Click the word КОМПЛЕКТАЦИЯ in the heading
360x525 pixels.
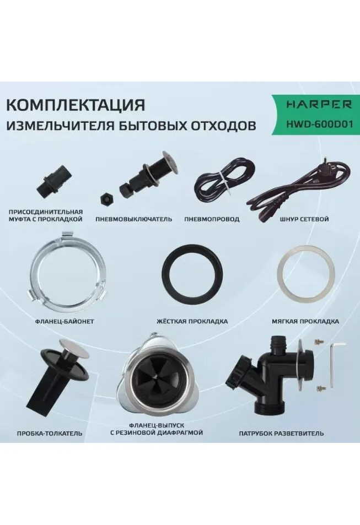coord(76,105)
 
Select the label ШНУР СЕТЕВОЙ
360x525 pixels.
coord(304,219)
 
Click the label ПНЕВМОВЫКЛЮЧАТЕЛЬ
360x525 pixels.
coord(134,219)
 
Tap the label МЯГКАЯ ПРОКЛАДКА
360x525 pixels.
coord(305,321)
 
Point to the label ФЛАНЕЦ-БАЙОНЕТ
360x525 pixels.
coord(65,321)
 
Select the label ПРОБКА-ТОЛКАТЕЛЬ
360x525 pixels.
coord(50,433)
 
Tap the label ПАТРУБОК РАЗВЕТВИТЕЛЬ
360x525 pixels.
coord(281,433)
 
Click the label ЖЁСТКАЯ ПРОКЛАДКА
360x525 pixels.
coord(192,321)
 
